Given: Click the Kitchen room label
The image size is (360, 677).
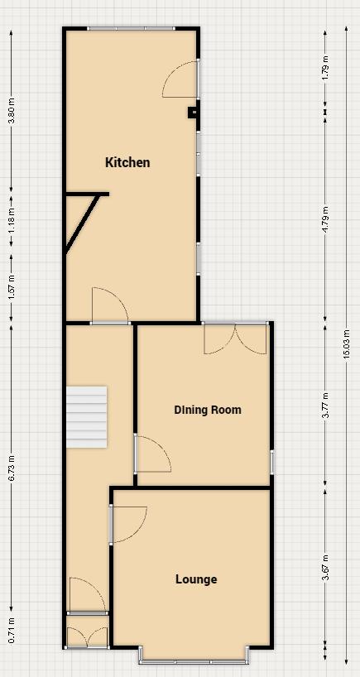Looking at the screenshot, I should point(127,162).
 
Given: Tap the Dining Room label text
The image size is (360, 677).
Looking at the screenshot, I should point(208,410).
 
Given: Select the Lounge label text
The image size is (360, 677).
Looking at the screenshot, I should point(196,579).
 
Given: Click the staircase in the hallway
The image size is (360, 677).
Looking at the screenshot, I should point(88,416).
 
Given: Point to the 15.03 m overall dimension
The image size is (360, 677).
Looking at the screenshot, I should point(346,345).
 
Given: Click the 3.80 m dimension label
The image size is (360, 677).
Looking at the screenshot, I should point(12,111).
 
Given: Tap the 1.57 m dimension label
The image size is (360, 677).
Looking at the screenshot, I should point(12,286).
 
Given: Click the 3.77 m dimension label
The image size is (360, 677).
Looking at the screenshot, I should point(325,406).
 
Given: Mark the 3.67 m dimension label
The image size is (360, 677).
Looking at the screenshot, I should point(325,568).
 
